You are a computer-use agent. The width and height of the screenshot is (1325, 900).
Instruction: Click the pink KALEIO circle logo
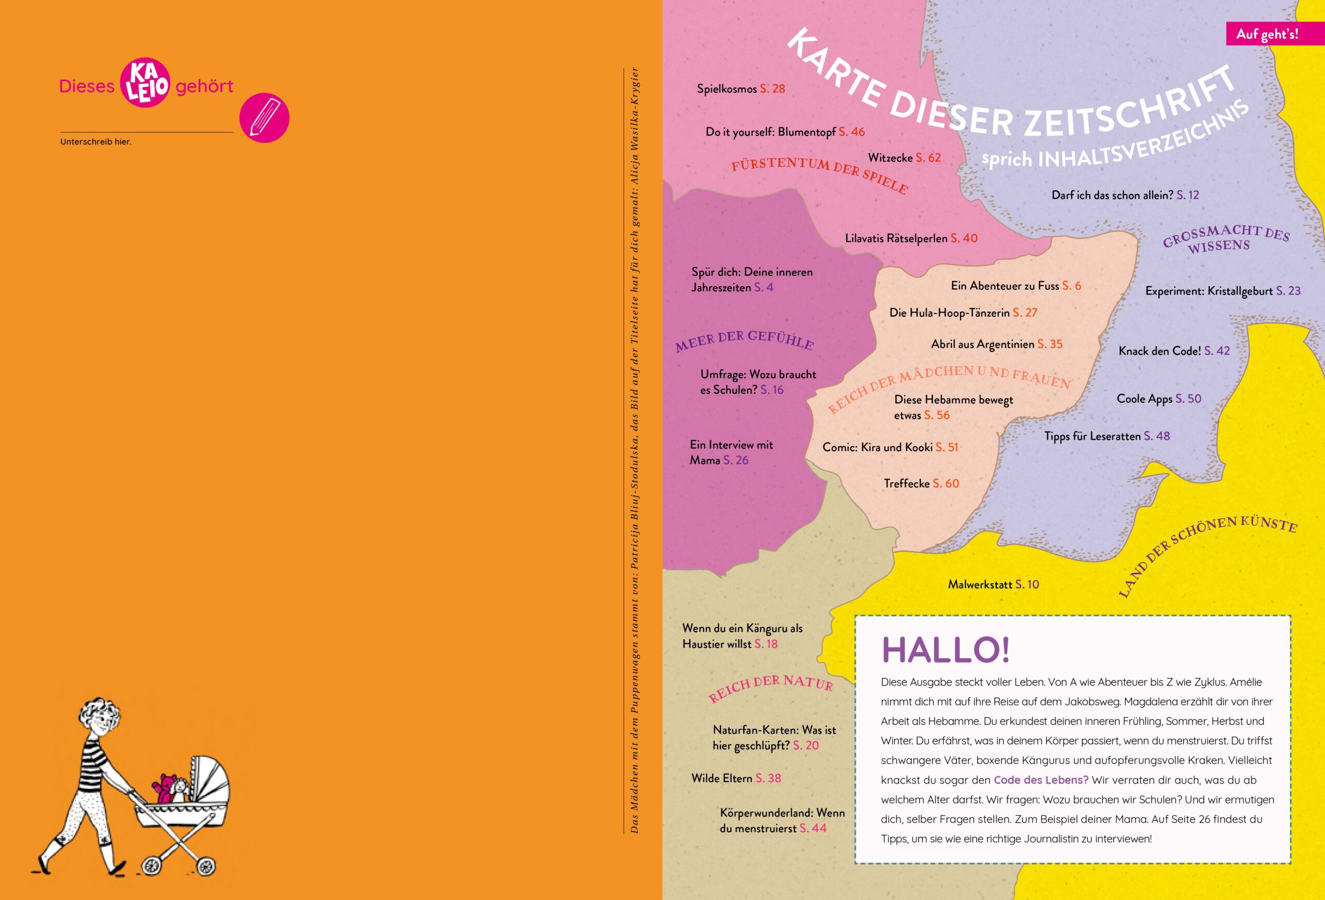click(145, 82)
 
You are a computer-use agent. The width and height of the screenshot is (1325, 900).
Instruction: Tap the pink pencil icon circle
click(264, 117)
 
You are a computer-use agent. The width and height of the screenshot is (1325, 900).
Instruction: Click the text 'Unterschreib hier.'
click(96, 141)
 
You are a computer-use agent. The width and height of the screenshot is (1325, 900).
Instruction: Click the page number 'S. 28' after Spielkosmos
click(773, 89)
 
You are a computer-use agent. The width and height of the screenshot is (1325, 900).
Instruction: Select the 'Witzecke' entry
click(890, 158)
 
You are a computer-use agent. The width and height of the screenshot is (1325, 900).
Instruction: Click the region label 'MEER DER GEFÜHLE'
click(745, 340)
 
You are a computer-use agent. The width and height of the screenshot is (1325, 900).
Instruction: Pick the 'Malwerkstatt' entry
click(980, 584)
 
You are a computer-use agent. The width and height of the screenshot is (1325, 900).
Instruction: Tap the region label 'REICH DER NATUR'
click(770, 687)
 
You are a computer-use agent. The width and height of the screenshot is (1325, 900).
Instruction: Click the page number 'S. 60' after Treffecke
click(946, 483)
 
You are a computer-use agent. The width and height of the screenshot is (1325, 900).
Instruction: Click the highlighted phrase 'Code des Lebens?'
click(1041, 780)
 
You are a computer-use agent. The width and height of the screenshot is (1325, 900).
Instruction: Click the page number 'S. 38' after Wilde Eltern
click(768, 778)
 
